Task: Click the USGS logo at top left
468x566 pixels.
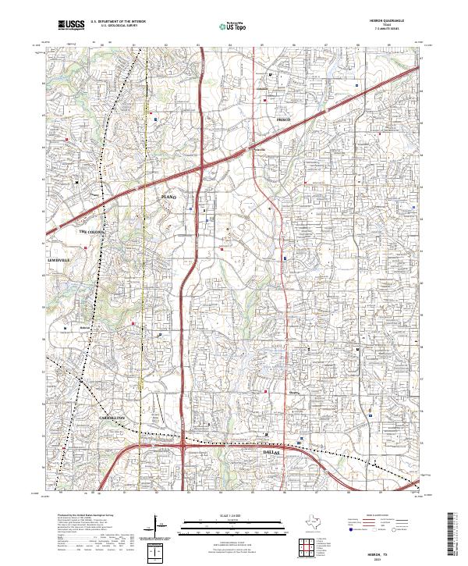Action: tap(71, 25)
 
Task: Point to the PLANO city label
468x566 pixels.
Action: tap(170, 198)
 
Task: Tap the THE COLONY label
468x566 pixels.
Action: tap(90, 232)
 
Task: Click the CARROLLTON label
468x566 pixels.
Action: tap(113, 419)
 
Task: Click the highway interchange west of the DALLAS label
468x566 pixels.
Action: tap(183, 447)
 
